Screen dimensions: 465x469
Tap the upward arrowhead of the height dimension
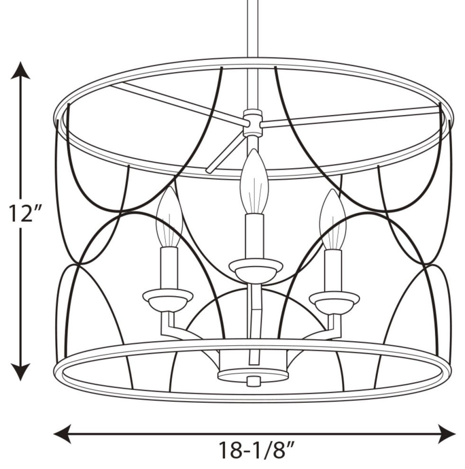[x=20, y=70]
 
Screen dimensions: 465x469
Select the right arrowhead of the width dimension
[x=447, y=433]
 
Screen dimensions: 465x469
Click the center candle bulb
[x=254, y=181]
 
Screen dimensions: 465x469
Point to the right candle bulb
[x=332, y=219]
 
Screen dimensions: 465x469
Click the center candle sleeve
[x=254, y=236]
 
